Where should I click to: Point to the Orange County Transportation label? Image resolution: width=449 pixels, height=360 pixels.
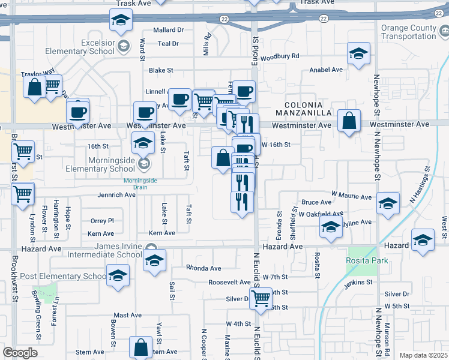415,32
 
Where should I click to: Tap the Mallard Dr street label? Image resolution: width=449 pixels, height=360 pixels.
168,30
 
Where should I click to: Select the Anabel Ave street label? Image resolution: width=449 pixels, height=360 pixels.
325,70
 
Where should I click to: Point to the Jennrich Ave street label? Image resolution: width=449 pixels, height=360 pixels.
116,195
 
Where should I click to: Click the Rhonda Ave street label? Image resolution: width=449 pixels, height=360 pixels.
203,268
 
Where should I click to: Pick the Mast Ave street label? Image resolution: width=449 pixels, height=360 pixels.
128,315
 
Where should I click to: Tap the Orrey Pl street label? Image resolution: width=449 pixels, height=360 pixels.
101,221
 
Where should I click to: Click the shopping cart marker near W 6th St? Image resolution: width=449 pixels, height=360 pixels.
261,297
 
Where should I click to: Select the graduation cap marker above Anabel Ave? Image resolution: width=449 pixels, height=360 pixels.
359,54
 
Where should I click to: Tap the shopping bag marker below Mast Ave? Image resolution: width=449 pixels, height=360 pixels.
140,346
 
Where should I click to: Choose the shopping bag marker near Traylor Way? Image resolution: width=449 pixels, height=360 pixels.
34,86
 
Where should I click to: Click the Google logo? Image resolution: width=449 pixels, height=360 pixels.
20,353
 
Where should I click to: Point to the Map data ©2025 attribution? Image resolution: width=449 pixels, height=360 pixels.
423,355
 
